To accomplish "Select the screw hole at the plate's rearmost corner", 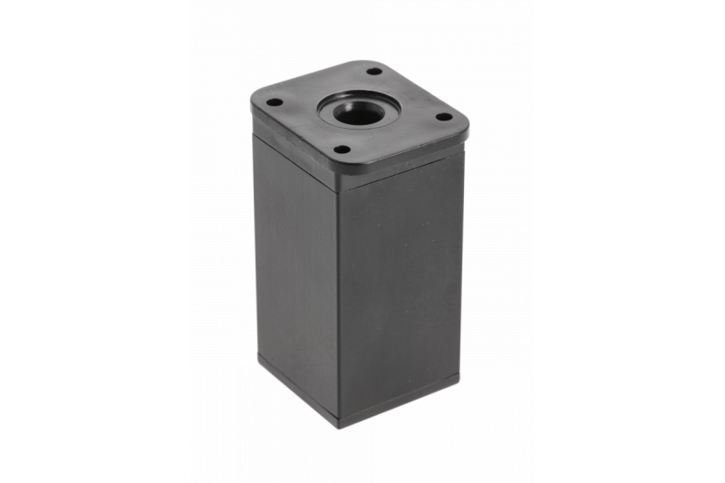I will tap(374, 72).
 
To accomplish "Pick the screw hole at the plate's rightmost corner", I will tap(443, 116).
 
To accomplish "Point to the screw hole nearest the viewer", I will tap(342, 149).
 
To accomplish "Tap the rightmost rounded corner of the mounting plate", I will tap(464, 123).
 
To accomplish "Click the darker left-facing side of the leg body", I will tap(295, 272).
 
